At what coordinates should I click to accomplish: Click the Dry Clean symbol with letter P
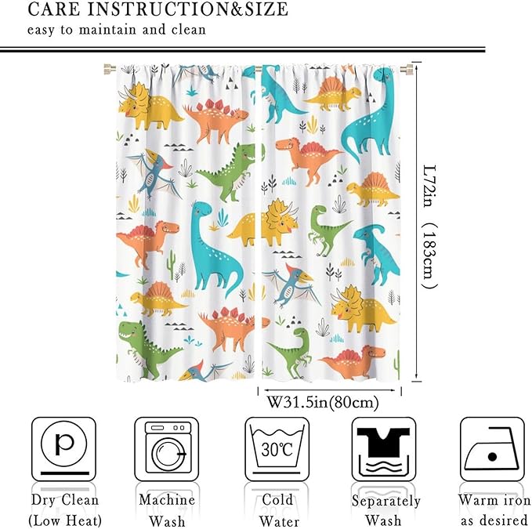click(63, 448)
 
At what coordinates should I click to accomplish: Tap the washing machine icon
click(166, 448)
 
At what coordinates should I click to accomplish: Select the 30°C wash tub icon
click(277, 448)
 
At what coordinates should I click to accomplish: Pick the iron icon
click(490, 448)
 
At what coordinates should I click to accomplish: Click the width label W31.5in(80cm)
click(323, 403)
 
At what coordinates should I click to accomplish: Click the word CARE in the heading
click(56, 10)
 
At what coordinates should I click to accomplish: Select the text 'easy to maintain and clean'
click(117, 31)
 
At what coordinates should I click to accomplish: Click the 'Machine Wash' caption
click(167, 509)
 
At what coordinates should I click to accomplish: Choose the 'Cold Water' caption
click(277, 509)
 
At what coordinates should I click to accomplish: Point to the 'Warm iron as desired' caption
click(494, 509)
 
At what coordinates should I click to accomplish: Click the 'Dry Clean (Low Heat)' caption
click(64, 509)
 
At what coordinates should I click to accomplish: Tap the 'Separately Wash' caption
click(385, 509)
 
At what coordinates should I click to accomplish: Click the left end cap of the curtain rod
click(102, 70)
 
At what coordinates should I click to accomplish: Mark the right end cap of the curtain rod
click(407, 70)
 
